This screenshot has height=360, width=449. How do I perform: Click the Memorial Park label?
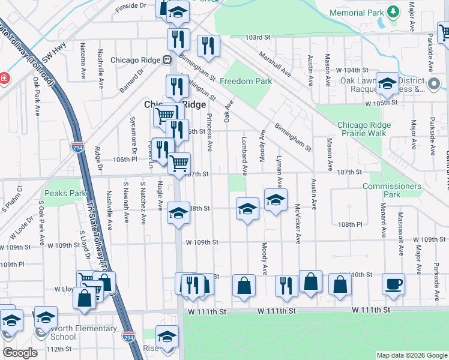(x=357, y=13)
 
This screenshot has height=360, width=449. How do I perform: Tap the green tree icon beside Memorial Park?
(x=393, y=11)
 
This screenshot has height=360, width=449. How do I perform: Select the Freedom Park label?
(x=246, y=81)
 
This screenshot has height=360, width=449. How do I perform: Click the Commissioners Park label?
(x=392, y=190)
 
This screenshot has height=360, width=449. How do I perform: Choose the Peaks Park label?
(x=65, y=194)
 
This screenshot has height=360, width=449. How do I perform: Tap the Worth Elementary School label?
(x=84, y=332)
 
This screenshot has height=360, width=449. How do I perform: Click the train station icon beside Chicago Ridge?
(x=167, y=60)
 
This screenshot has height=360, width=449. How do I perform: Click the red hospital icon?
(x=4, y=78)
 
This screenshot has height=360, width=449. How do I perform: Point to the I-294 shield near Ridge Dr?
(x=81, y=148)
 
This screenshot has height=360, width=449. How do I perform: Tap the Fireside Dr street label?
(x=131, y=5)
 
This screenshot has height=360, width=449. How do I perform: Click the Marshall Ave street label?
(x=275, y=63)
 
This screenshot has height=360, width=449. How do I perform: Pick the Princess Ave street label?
(x=209, y=132)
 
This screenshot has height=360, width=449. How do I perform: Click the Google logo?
(x=20, y=353)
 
